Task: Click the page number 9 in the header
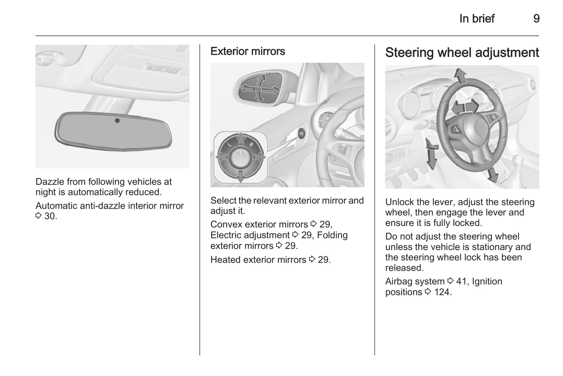[x=536, y=18]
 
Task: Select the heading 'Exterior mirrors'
[x=247, y=51]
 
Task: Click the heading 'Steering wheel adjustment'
[x=462, y=53]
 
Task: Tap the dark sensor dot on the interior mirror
[x=117, y=121]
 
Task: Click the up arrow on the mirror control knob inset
[x=241, y=138]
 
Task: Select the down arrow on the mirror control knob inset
[x=241, y=176]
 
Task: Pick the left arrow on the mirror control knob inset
[x=222, y=157]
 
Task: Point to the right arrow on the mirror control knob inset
[x=259, y=157]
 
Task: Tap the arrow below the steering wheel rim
[x=492, y=175]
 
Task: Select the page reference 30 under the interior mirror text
[x=51, y=216]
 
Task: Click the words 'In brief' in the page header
[x=477, y=18]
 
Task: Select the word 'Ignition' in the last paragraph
[x=487, y=282]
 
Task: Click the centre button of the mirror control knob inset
[x=241, y=158]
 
